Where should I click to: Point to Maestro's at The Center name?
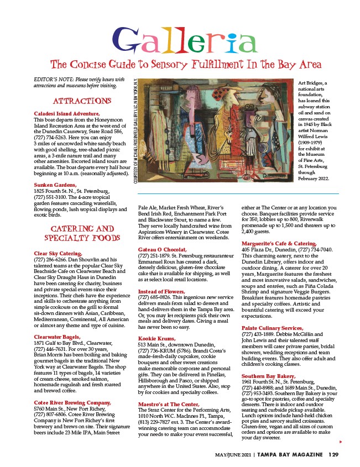[168, 404]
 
